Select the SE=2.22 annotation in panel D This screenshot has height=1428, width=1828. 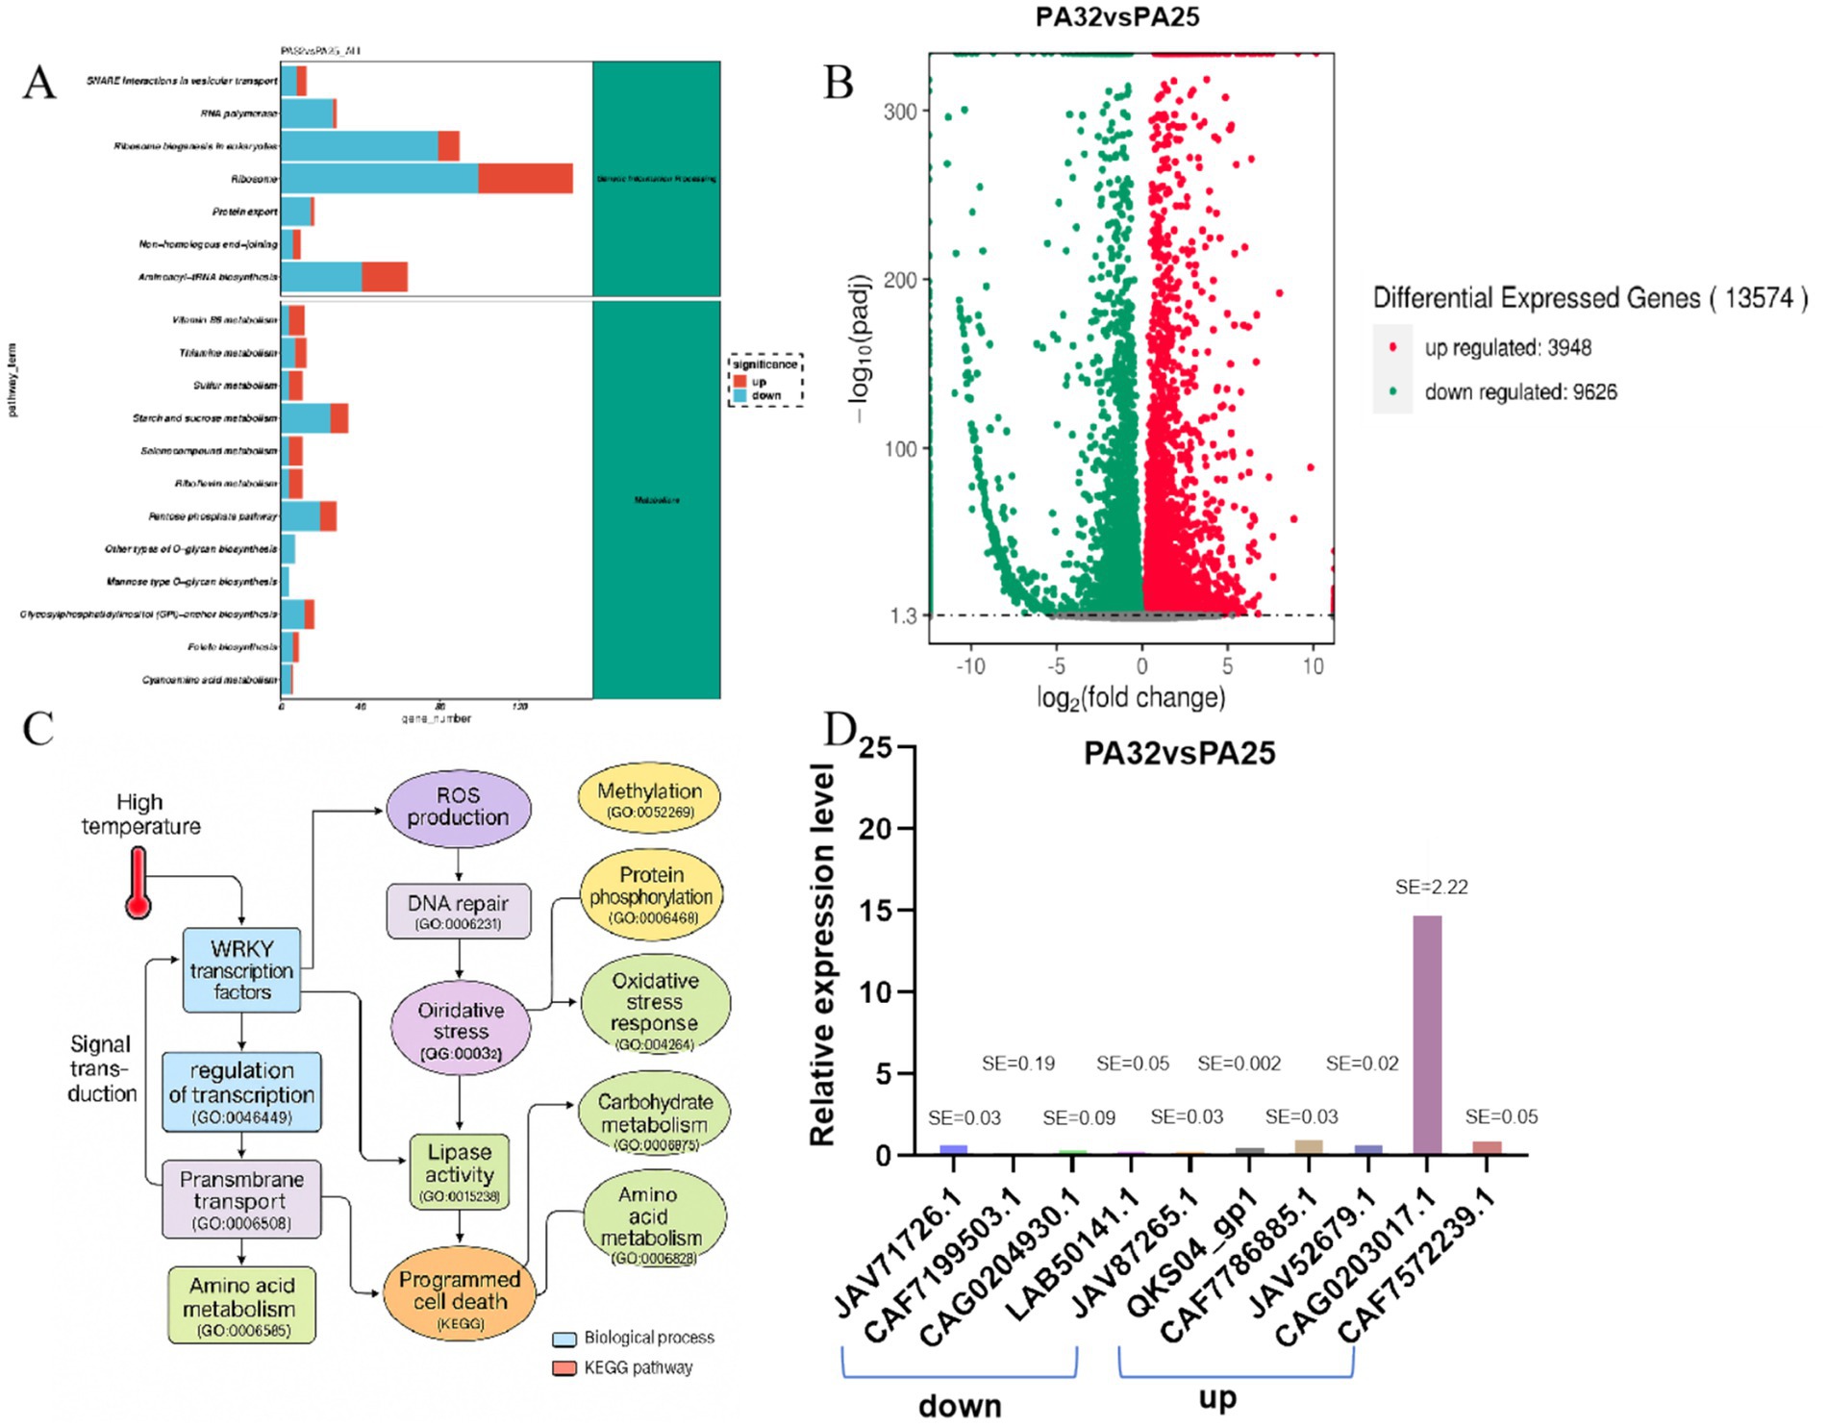click(x=1431, y=887)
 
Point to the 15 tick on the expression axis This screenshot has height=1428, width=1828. click(x=876, y=910)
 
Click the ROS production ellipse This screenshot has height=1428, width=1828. click(x=458, y=808)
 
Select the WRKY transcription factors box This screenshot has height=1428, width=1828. click(x=241, y=970)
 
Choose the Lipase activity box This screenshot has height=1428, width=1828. click(x=460, y=1171)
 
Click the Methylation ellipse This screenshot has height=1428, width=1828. click(x=649, y=799)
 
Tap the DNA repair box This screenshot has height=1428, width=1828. click(x=458, y=911)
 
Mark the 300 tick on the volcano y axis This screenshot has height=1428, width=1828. click(x=900, y=112)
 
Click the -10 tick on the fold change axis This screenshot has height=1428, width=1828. click(x=970, y=665)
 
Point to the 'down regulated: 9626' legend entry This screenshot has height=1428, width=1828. click(x=1519, y=391)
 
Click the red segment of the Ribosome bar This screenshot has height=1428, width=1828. click(x=525, y=179)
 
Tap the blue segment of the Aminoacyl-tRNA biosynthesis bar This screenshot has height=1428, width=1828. click(x=321, y=277)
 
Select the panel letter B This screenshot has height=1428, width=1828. click(x=839, y=83)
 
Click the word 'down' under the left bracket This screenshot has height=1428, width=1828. click(x=960, y=1406)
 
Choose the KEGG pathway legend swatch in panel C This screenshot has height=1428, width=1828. click(x=564, y=1367)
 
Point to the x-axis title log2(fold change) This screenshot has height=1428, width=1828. click(x=1131, y=697)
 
